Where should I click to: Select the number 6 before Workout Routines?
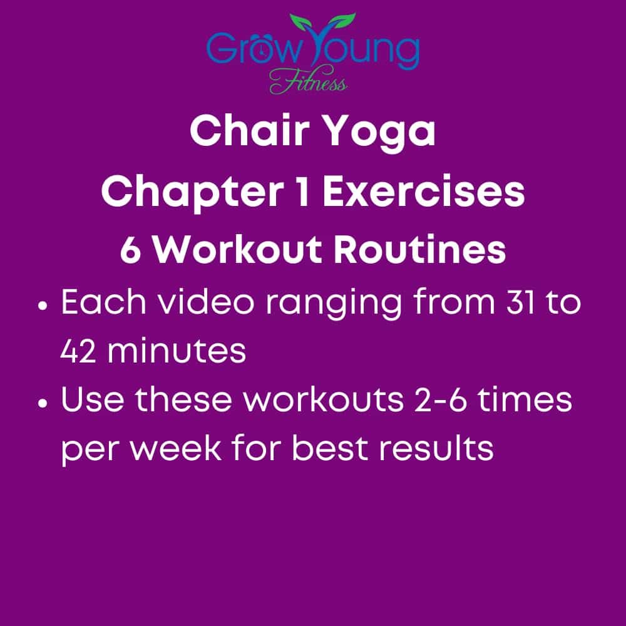click(x=130, y=251)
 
